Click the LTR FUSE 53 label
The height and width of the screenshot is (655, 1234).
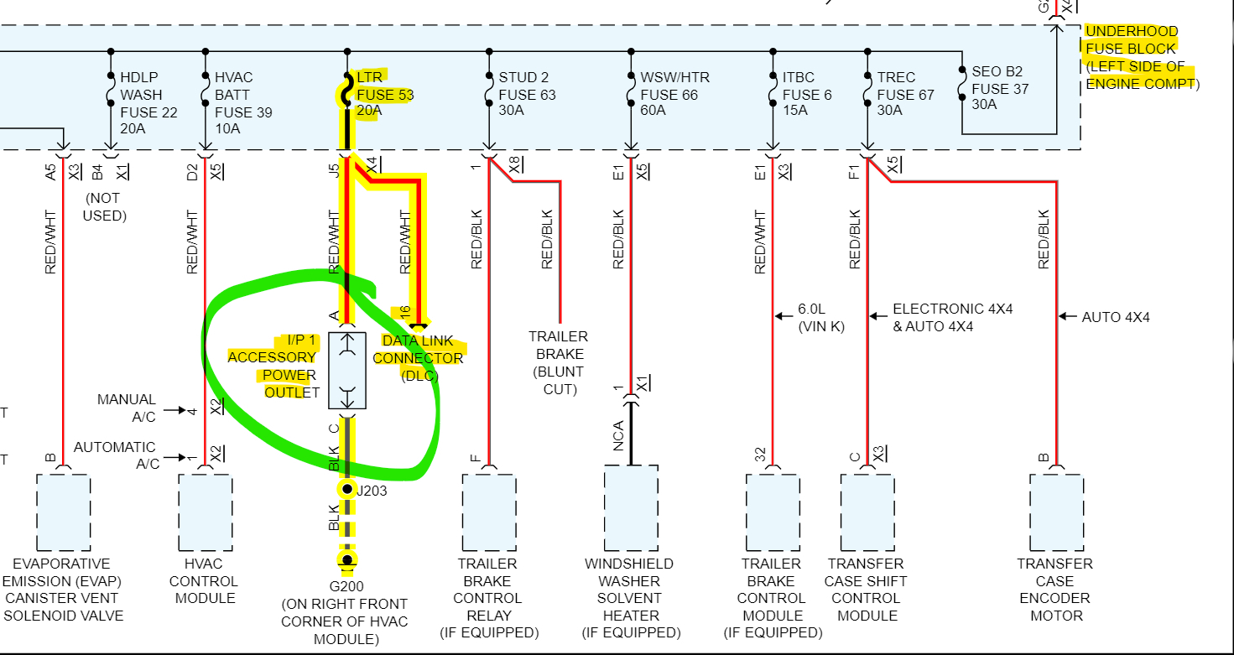[x=385, y=95]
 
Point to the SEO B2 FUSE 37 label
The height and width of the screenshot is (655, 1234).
[x=997, y=88]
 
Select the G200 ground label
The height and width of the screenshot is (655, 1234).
[x=346, y=586]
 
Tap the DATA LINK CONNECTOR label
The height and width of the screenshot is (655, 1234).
[x=418, y=358]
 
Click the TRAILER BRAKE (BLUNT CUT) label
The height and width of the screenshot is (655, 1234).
[x=558, y=362]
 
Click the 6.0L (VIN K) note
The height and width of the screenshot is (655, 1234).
[x=821, y=317]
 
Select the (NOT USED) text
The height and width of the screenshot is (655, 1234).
[x=104, y=207]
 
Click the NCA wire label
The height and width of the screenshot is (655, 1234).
[x=618, y=435]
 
